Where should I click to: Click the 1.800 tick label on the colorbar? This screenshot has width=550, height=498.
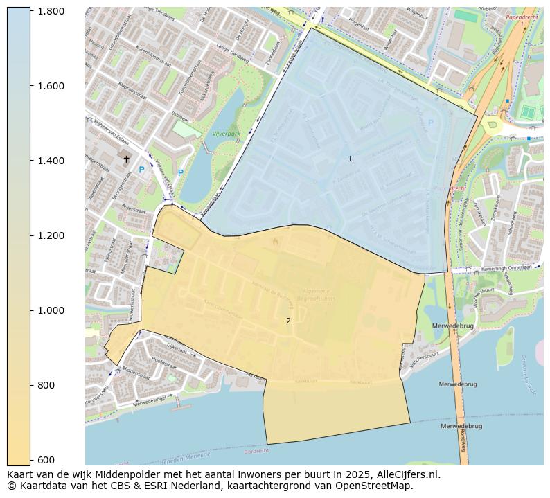(51, 11)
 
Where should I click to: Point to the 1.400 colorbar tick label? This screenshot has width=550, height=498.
(51, 161)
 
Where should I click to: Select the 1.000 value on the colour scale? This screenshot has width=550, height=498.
(51, 310)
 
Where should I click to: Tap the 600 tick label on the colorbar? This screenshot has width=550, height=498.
(46, 460)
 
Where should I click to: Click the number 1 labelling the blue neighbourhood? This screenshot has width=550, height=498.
(350, 159)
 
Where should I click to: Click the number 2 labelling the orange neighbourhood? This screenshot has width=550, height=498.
(288, 321)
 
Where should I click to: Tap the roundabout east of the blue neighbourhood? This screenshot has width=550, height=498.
(493, 125)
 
